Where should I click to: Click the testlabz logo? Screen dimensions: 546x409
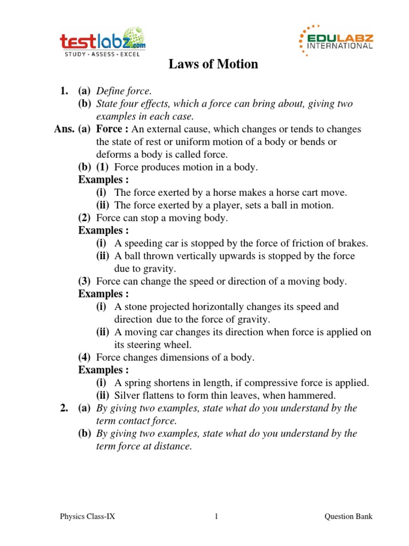(102, 43)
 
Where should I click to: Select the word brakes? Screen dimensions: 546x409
(352, 244)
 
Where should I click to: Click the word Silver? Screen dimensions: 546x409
(127, 396)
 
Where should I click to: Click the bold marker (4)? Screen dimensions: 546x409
(85, 358)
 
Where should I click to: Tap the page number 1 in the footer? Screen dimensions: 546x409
(216, 516)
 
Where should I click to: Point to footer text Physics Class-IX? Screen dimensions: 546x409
(85, 516)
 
